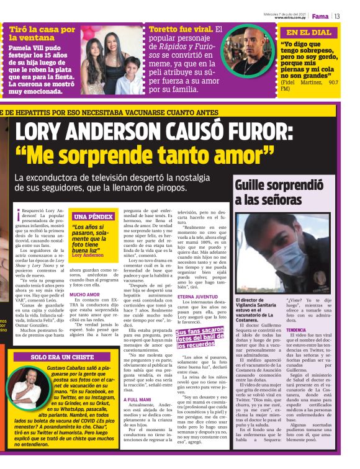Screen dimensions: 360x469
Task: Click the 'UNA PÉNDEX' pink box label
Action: [93, 217]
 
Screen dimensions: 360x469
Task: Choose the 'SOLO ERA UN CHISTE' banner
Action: [55, 358]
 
